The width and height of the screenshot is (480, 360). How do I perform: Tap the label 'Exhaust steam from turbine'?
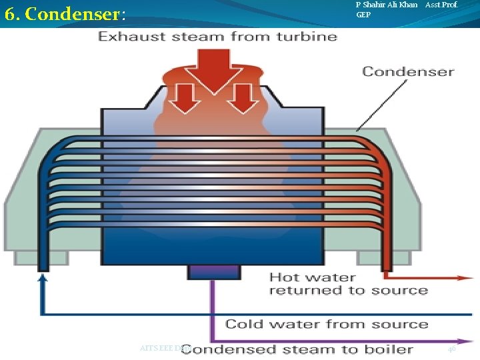tap(217, 36)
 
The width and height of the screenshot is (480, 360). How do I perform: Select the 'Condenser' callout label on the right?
tap(408, 71)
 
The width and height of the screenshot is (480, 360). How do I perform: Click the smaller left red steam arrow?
tap(187, 97)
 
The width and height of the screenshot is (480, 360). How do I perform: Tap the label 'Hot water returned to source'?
tap(348, 283)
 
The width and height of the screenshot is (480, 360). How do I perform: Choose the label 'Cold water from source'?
tap(326, 324)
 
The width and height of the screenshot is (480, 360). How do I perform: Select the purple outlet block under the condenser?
tap(213, 271)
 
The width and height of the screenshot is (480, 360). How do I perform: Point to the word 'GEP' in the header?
tap(363, 15)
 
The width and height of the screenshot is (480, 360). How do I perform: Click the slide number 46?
tap(451, 349)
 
